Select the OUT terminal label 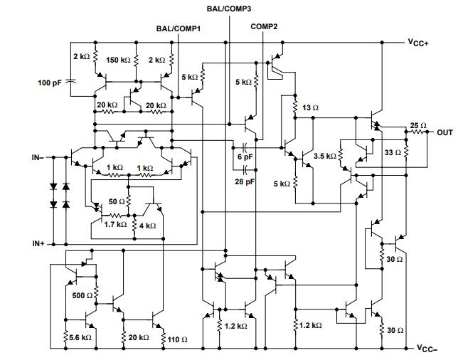(x=444, y=132)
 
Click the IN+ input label (x=38, y=243)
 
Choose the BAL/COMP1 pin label (x=178, y=28)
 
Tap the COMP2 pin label (x=264, y=26)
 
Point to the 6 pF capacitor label (x=245, y=156)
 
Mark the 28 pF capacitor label (x=245, y=182)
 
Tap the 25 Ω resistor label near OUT (x=417, y=126)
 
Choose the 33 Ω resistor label (x=392, y=152)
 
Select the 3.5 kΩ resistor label (x=324, y=155)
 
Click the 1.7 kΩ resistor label (x=114, y=224)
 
